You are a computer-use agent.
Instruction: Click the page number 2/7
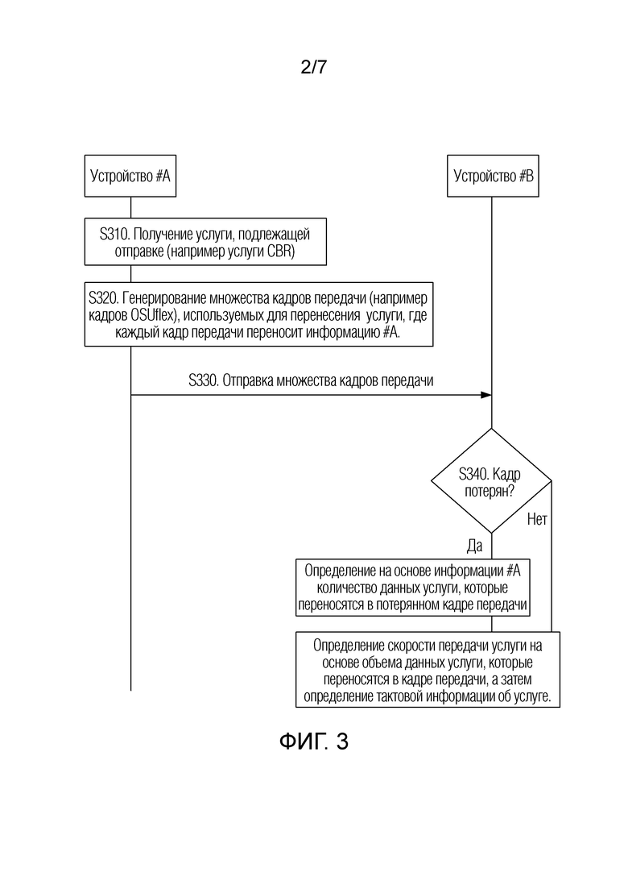(x=314, y=68)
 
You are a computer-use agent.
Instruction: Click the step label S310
(x=114, y=235)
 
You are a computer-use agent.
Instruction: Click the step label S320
(x=104, y=297)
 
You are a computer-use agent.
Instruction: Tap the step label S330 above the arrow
(x=203, y=380)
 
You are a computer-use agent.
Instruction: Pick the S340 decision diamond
(x=491, y=481)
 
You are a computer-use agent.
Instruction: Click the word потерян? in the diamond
(x=490, y=490)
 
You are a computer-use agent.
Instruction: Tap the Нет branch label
(x=537, y=519)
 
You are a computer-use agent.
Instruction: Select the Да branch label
(x=474, y=546)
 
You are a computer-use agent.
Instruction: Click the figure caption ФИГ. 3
(x=314, y=741)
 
